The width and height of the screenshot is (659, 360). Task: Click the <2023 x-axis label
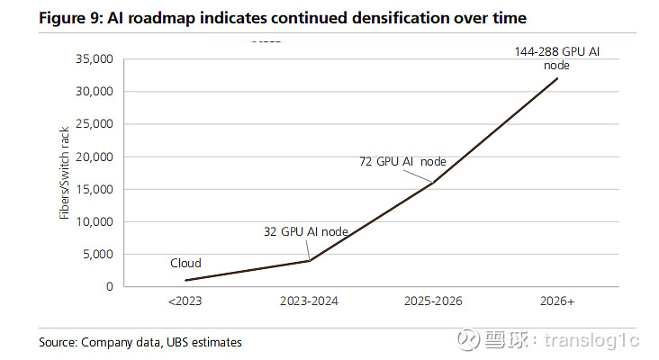tap(186, 301)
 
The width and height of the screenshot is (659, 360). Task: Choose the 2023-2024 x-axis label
tap(310, 301)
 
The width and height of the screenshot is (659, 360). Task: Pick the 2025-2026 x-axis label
tap(434, 301)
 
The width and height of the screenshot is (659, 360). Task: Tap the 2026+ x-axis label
tap(558, 301)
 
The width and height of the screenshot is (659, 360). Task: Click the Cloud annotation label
tap(185, 264)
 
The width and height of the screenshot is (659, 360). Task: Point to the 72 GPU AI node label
tap(402, 162)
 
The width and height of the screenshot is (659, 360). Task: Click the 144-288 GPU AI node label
tap(556, 58)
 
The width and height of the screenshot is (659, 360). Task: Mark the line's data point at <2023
tap(186, 280)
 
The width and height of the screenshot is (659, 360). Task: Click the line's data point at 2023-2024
tap(310, 261)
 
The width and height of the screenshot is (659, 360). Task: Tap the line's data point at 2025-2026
tap(434, 183)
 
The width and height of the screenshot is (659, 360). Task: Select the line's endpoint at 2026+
tap(558, 78)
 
